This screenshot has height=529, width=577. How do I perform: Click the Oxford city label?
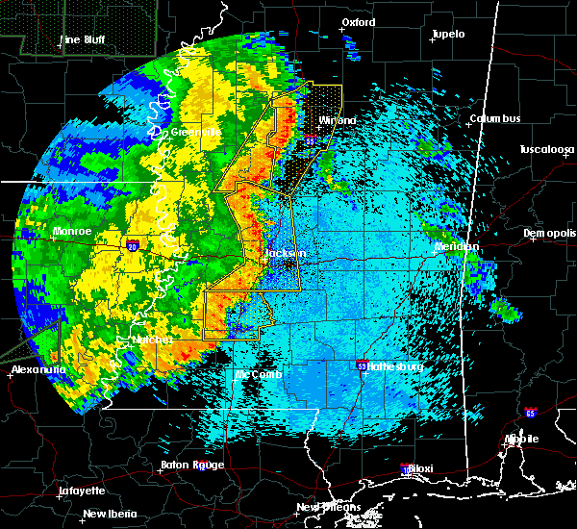tap(359, 22)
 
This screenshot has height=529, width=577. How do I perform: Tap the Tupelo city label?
tap(448, 34)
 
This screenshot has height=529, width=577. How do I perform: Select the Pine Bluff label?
tap(83, 39)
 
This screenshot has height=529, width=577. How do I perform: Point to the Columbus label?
tap(494, 118)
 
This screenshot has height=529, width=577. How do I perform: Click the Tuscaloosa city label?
tap(546, 149)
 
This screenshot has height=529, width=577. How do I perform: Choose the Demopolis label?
tap(549, 234)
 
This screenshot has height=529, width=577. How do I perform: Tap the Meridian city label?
tap(457, 247)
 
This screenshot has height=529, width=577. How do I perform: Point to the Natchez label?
tap(153, 340)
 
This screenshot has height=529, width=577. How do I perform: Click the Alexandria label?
tap(38, 369)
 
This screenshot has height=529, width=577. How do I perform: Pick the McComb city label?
tap(260, 374)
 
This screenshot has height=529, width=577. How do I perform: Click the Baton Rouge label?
tap(192, 466)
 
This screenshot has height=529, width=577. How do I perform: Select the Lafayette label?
tap(82, 491)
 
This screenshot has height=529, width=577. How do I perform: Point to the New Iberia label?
tap(108, 514)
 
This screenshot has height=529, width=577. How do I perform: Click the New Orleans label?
tap(328, 507)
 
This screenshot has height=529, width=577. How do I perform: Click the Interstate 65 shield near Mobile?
tap(531, 413)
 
